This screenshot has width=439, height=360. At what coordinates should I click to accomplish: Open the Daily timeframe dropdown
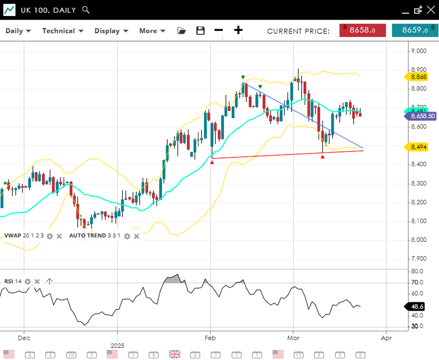click(18, 31)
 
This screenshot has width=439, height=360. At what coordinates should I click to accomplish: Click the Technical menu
click(63, 31)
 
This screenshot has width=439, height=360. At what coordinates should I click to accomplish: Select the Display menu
click(111, 31)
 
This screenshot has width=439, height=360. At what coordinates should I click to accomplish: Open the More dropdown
click(152, 31)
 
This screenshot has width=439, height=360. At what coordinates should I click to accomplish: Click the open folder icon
click(181, 31)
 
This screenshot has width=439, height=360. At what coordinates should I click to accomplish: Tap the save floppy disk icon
click(201, 31)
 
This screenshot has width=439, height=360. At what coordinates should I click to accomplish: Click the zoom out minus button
click(218, 30)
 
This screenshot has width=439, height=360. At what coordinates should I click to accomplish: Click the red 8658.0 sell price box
click(362, 30)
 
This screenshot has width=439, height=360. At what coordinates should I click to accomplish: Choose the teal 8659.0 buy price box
click(415, 30)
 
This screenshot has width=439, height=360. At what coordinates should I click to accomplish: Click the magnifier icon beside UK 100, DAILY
click(86, 10)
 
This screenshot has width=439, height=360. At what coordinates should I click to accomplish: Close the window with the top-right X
click(431, 10)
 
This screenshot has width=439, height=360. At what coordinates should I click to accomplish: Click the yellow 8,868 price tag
click(418, 77)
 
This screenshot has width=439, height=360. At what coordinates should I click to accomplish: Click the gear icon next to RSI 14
click(28, 281)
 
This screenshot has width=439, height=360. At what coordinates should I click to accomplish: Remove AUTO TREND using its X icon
click(137, 236)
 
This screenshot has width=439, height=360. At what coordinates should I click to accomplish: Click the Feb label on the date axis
click(210, 338)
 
